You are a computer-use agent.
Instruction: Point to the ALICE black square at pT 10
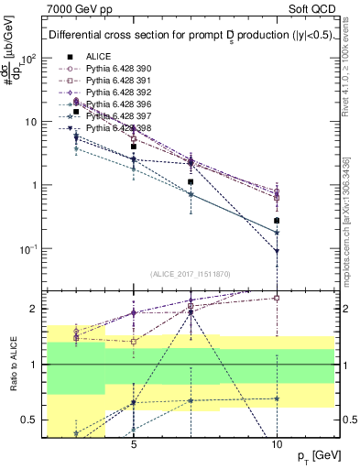pyautogui.click(x=277, y=221)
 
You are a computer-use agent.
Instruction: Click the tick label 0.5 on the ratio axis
pyautogui.click(x=33, y=420)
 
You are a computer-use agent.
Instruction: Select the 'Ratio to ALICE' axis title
pyautogui.click(x=12, y=365)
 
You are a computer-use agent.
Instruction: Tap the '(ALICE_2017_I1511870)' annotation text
pyautogui.click(x=191, y=274)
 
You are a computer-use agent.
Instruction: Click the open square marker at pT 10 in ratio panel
pyautogui.click(x=277, y=298)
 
